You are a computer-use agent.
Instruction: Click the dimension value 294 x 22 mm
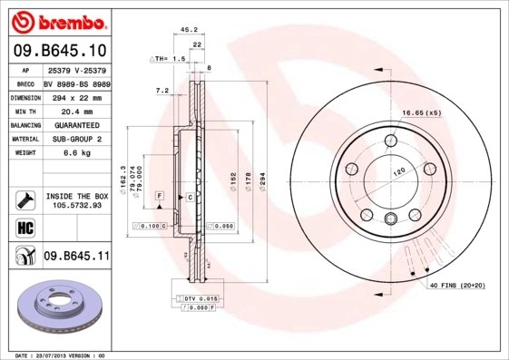pos(77,97)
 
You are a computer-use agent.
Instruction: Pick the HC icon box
pos(24,226)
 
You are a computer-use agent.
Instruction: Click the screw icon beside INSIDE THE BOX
pos(24,198)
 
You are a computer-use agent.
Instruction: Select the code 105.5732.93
pos(77,205)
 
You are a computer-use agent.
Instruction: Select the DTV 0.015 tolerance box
pos(197,298)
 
